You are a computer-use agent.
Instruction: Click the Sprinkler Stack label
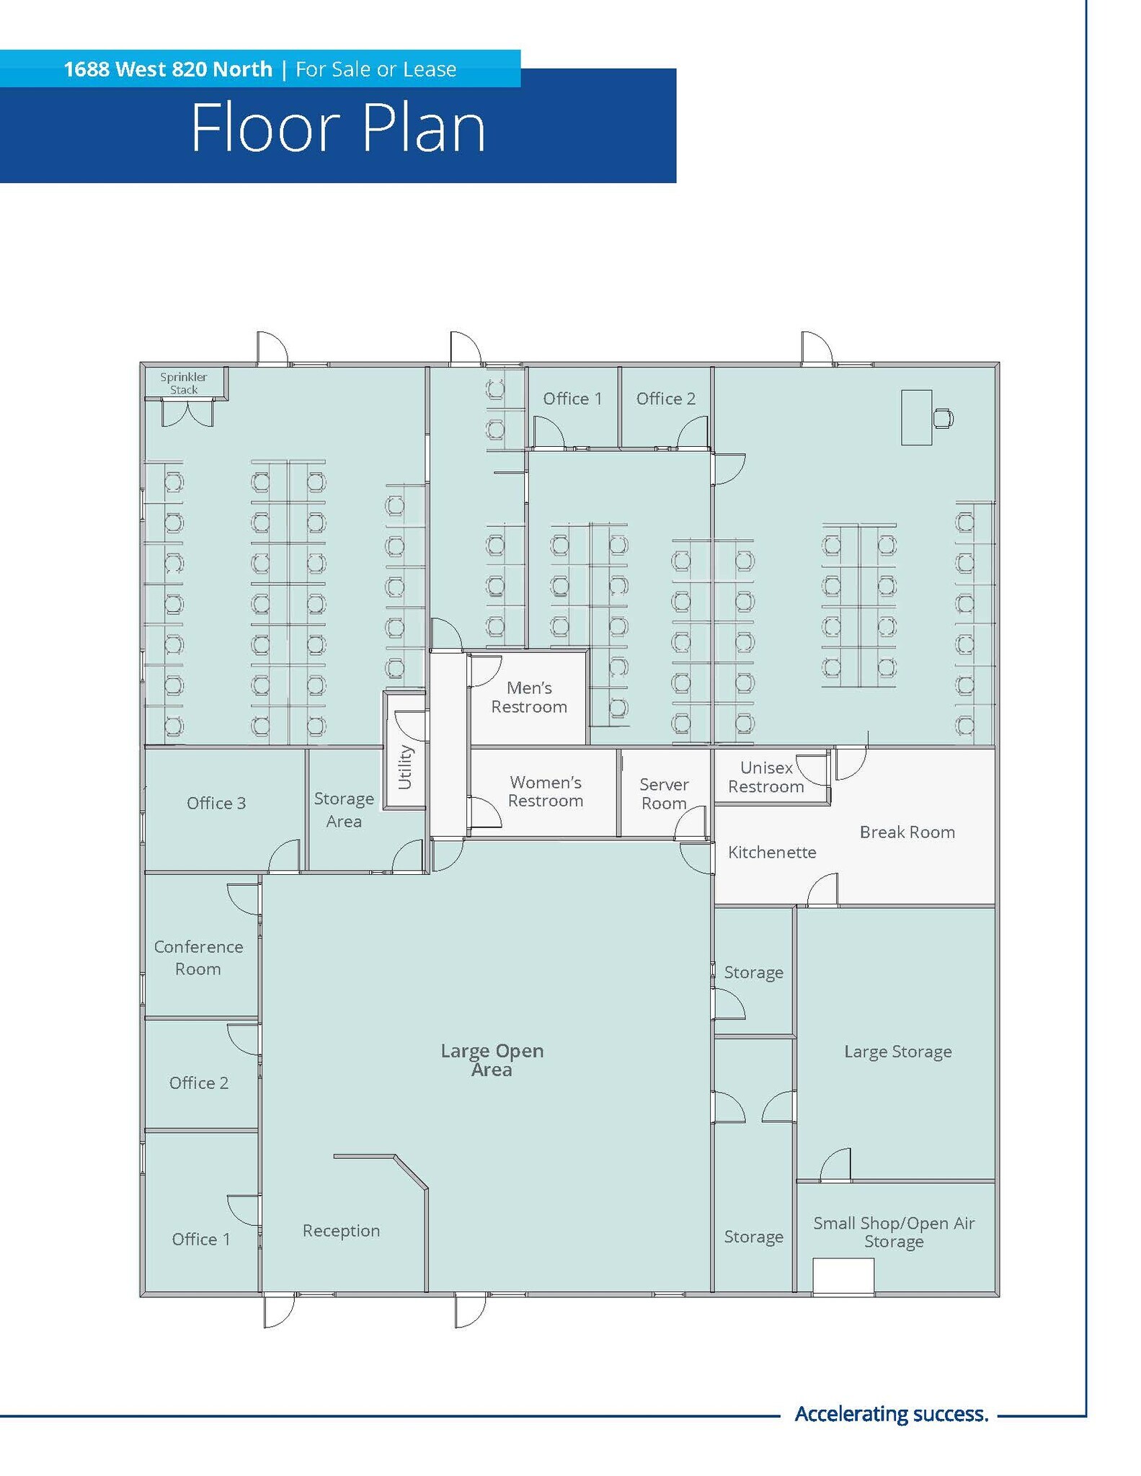pos(184,383)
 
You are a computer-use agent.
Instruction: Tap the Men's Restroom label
pos(529,698)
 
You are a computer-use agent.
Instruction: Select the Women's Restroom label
pos(546,791)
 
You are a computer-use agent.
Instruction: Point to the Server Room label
pos(664,793)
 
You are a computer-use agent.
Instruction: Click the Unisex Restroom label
pos(766,777)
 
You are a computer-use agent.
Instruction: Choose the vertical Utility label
pos(404,767)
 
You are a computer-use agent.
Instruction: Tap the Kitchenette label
pos(772,853)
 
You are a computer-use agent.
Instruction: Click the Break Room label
pos(907,832)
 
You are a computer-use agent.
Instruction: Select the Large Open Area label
pos(492,1060)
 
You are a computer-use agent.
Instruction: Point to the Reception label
pos(341,1231)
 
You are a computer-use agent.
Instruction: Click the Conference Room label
pos(198,958)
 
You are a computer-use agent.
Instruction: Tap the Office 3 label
pos(216,804)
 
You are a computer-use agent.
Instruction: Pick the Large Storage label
pos(897,1052)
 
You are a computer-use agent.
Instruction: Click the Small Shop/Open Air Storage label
pos(894,1232)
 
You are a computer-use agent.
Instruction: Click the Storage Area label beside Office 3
pos(344,810)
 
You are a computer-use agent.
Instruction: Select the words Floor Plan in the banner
pos(338,128)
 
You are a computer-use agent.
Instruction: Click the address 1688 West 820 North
pos(168,69)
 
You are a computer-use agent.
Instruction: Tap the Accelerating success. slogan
pos(891,1414)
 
